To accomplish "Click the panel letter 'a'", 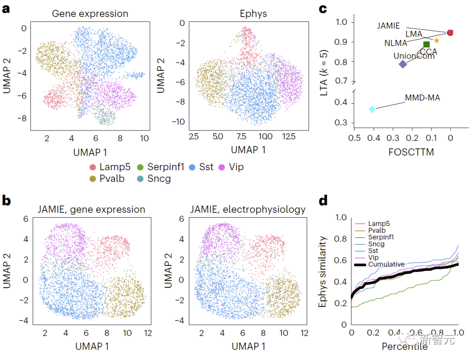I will click(6, 10).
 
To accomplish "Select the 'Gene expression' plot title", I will click(90, 13).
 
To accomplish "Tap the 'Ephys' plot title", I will click(253, 13).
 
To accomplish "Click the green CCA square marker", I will click(426, 44).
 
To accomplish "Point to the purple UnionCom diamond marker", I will click(403, 64).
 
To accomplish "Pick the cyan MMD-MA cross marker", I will click(372, 109).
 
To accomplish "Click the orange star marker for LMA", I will click(436, 40).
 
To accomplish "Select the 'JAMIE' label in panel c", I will click(389, 26).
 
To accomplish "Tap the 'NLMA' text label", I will click(396, 43).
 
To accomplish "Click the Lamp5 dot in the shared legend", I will click(92, 167).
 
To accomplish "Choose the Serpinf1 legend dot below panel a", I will click(141, 167).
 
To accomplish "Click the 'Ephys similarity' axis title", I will click(322, 272).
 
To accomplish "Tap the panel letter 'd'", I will click(322, 201).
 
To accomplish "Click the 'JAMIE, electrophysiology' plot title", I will click(248, 209).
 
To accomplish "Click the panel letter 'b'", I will click(7, 201).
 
